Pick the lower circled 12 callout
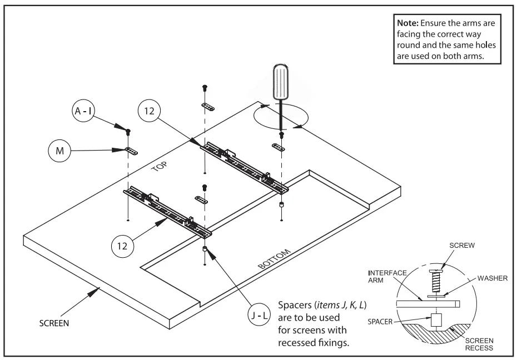coord(123,246)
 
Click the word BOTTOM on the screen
coord(275,259)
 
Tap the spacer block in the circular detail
coord(436,319)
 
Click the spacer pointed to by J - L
coord(205,249)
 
